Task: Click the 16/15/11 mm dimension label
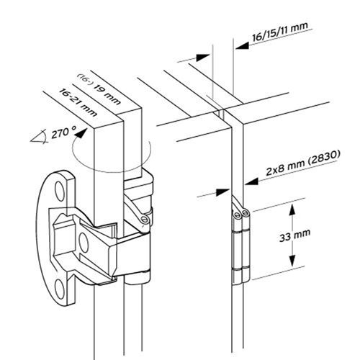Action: [x=280, y=32]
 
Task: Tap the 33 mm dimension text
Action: [x=294, y=235]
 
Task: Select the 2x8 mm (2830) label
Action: [x=303, y=163]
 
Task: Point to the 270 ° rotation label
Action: [x=63, y=132]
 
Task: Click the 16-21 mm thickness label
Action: [x=78, y=102]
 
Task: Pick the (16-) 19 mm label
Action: [x=99, y=89]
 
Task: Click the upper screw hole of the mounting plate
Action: [x=59, y=191]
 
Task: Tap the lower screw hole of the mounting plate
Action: [x=59, y=289]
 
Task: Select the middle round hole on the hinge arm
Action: [x=84, y=243]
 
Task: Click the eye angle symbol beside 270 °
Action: [x=38, y=138]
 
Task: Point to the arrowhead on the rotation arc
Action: [x=80, y=134]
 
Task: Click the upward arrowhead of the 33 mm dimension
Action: [x=292, y=211]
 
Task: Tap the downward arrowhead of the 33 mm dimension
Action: [x=292, y=261]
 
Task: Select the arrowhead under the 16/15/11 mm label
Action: [x=243, y=45]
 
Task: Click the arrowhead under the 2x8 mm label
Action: [x=251, y=181]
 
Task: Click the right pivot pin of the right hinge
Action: [x=245, y=212]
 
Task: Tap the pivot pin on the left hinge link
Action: [x=145, y=219]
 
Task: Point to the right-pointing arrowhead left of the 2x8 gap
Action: [x=223, y=192]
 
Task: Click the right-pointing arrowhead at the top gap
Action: [x=203, y=58]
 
